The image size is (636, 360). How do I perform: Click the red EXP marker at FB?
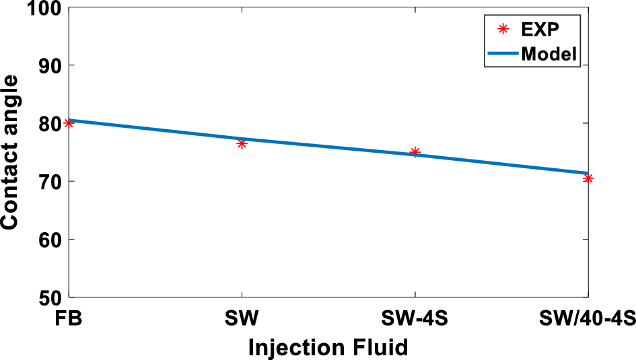(68, 123)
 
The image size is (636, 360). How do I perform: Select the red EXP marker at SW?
(242, 143)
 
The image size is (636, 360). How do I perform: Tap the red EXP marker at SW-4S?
(415, 152)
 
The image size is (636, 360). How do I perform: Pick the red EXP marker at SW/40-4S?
(588, 178)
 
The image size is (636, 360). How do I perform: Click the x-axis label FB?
(69, 318)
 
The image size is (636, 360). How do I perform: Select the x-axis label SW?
(242, 318)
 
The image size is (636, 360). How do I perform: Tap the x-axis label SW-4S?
(415, 318)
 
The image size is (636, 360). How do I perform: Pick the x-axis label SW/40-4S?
(588, 318)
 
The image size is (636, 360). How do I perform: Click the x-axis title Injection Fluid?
(328, 347)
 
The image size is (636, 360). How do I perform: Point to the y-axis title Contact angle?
(11, 153)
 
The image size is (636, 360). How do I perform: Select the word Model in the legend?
(549, 54)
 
